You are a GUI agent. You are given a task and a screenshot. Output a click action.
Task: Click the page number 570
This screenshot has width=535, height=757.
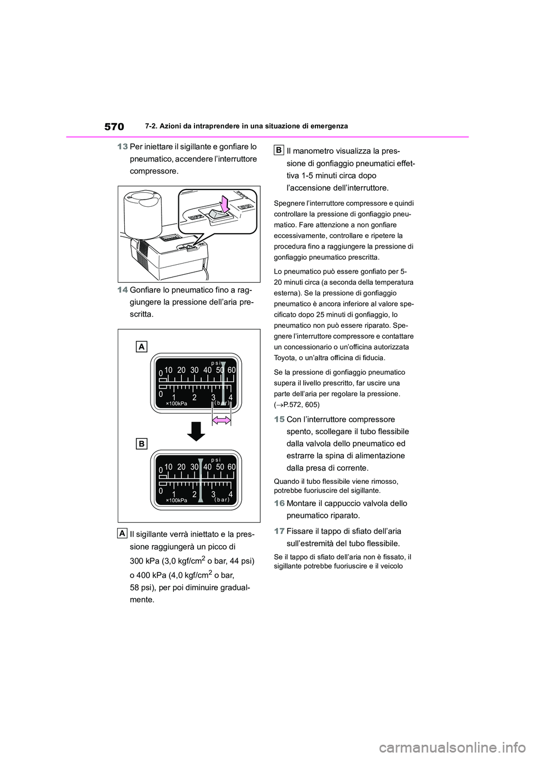point(114,127)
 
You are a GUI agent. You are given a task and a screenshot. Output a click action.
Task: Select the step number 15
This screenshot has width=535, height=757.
point(279,419)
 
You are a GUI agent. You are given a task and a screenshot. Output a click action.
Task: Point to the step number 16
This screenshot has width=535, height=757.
point(279,503)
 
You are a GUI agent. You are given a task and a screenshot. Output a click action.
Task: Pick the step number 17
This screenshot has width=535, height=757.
point(279,531)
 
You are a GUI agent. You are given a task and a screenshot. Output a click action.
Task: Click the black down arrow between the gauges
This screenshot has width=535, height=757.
point(195,431)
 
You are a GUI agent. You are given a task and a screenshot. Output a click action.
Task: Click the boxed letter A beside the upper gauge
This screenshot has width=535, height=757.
point(142,347)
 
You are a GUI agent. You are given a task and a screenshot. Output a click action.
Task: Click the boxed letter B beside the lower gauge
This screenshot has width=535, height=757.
point(142,443)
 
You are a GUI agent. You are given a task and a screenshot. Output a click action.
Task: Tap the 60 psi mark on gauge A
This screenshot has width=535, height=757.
point(232,370)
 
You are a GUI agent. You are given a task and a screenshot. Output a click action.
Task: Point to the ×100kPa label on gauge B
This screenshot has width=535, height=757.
point(177,501)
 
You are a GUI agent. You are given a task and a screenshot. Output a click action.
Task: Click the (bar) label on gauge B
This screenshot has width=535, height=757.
point(221,501)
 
